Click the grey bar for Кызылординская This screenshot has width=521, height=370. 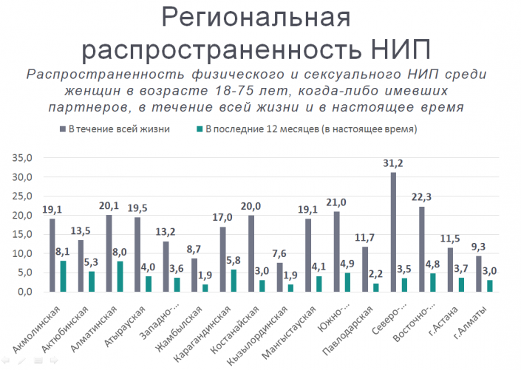click(279, 277)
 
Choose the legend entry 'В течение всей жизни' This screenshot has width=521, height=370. click(119, 129)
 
